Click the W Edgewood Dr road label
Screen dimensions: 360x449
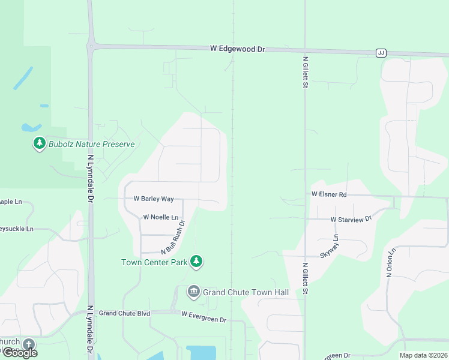237,49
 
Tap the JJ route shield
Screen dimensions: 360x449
381,53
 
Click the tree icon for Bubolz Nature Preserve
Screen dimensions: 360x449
40,144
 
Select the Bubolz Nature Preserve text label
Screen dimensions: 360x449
91,144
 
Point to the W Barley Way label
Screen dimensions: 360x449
153,199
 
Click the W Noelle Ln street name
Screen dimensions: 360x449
161,217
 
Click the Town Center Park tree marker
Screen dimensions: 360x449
196,262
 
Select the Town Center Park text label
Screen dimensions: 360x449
155,262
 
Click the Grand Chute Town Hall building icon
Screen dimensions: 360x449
193,292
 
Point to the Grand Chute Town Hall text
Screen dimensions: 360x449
246,293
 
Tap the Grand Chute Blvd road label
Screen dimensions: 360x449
124,313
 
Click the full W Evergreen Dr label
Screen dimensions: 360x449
203,317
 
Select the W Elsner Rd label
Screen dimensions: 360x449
329,194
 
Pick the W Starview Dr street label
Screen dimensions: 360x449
351,220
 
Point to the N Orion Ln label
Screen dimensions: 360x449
391,262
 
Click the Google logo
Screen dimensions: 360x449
20,353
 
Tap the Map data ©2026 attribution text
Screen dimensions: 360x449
424,355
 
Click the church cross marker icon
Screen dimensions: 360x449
28,344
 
